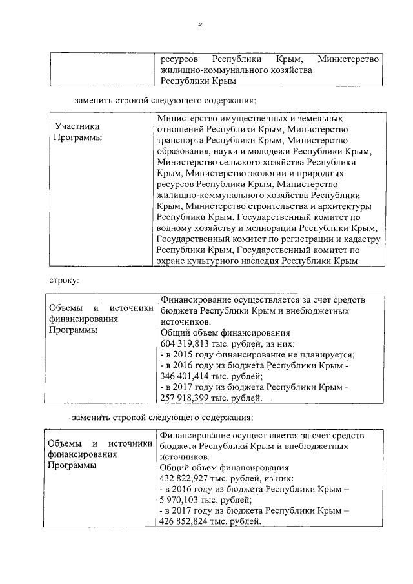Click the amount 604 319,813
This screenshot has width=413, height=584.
(x=188, y=343)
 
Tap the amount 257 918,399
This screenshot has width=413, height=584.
(x=188, y=398)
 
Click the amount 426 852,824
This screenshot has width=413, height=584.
(x=188, y=521)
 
